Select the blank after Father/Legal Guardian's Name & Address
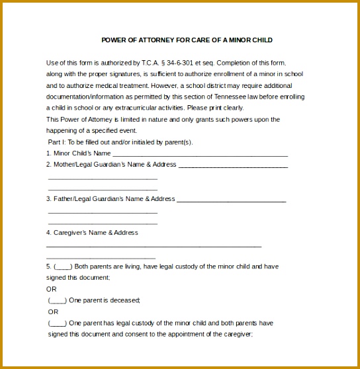pos(232,199)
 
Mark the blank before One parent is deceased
pos(58,300)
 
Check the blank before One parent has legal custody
pos(58,323)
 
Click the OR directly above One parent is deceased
pos(52,289)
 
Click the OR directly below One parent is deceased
pos(53,311)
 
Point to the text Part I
pos(56,142)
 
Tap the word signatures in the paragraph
pos(124,74)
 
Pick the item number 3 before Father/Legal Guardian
pos(48,199)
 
